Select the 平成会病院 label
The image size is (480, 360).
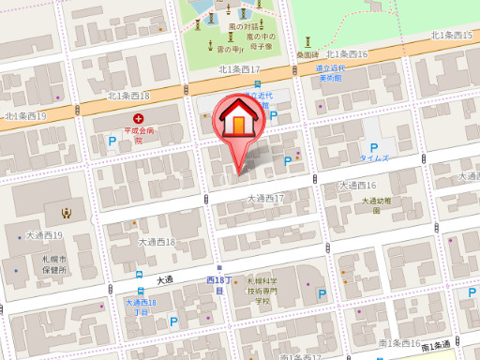point(138,134)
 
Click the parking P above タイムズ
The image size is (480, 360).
point(374,147)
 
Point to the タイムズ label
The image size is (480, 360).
point(374,158)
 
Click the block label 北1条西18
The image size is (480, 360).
point(128,95)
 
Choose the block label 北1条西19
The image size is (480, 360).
point(25,116)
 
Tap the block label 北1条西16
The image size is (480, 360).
point(348,54)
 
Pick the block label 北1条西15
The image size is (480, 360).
point(451,35)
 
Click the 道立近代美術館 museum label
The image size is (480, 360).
point(330,73)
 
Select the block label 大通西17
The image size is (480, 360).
point(265,199)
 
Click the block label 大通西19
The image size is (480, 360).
point(44,234)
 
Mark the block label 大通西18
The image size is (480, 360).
point(157,242)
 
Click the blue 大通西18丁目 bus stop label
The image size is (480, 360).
point(140,307)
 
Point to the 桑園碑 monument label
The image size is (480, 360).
point(307,54)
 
